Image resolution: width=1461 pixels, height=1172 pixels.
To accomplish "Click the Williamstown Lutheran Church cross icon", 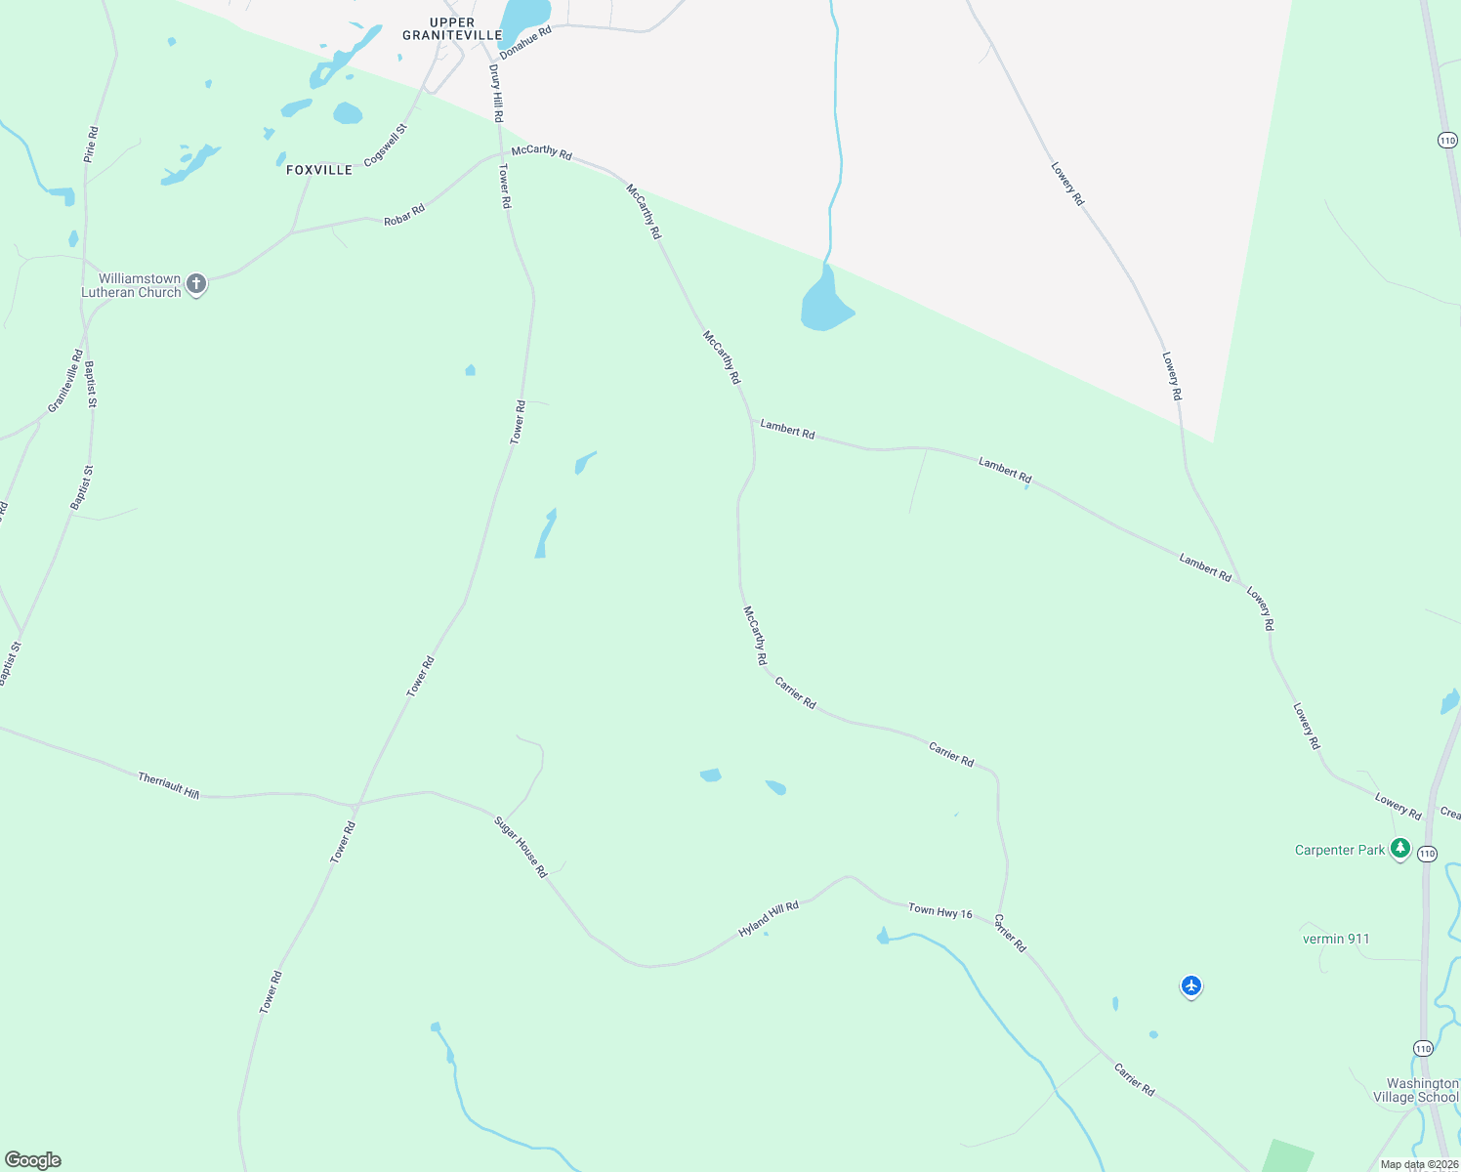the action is tap(196, 284).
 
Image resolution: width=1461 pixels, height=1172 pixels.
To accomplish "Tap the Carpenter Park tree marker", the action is tap(1400, 848).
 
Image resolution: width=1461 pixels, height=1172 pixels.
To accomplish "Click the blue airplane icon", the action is tap(1190, 986).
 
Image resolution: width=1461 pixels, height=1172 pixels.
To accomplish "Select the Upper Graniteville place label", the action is tap(452, 29).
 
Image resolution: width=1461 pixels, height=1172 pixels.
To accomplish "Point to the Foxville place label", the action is tap(319, 170).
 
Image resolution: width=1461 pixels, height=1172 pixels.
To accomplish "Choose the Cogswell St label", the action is tap(386, 145).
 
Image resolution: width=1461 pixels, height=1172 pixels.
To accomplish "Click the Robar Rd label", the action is tap(404, 215).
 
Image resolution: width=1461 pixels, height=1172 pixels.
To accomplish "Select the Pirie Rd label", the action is tap(91, 144).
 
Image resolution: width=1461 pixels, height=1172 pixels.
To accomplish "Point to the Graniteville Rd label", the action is tap(66, 381).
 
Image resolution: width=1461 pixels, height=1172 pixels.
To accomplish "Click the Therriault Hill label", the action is tap(169, 785).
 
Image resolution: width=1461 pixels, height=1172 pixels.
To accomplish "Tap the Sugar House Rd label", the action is tap(522, 847).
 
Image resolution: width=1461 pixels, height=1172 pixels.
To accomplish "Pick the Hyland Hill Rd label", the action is tap(769, 919).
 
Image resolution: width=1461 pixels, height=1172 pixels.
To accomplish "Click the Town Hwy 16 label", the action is tap(940, 911).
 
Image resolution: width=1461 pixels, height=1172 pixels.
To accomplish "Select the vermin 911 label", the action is tap(1336, 939).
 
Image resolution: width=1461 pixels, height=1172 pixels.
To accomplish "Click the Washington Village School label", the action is tap(1422, 1090).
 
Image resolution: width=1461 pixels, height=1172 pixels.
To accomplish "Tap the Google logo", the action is tap(33, 1160).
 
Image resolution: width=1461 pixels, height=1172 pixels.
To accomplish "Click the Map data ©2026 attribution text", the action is tap(1419, 1164).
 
